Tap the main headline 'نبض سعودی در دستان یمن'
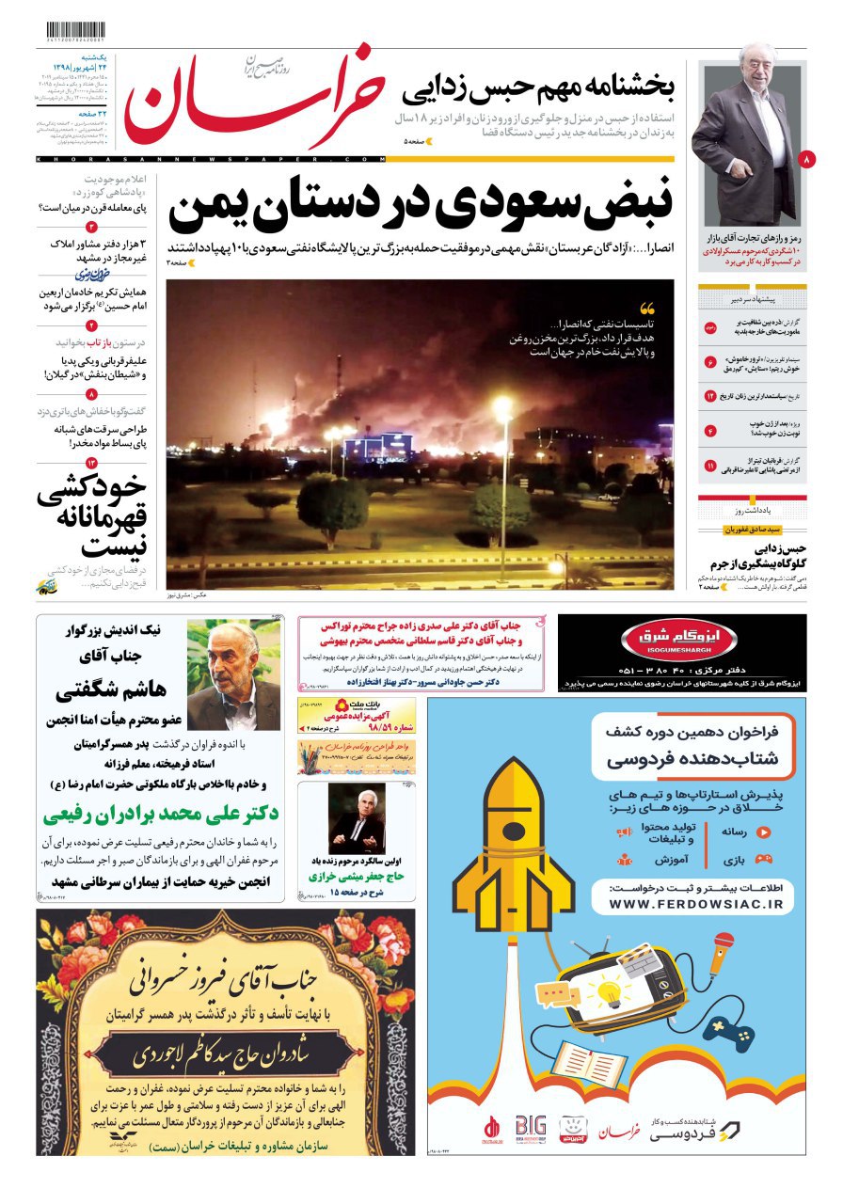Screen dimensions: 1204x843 (x=421, y=204)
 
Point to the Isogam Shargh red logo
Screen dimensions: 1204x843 (x=666, y=641)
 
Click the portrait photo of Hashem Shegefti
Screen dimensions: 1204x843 (x=232, y=674)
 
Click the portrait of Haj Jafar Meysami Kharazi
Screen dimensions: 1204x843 (x=357, y=817)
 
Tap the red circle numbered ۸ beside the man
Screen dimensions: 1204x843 (x=806, y=161)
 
